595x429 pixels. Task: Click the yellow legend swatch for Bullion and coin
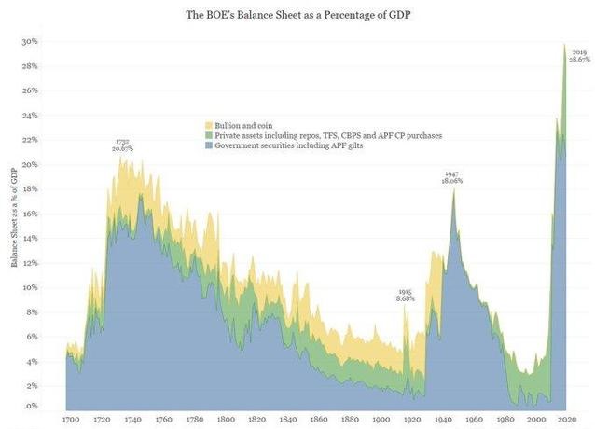pos(209,124)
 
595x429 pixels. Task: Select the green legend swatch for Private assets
pos(209,135)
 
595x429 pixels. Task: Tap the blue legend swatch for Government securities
pos(209,146)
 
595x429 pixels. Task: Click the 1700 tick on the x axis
pos(71,419)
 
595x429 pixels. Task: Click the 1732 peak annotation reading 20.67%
pos(123,145)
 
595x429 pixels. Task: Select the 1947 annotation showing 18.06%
pos(451,177)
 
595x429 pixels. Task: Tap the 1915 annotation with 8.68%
pos(405,296)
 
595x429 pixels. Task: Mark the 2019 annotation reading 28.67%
pos(579,55)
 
